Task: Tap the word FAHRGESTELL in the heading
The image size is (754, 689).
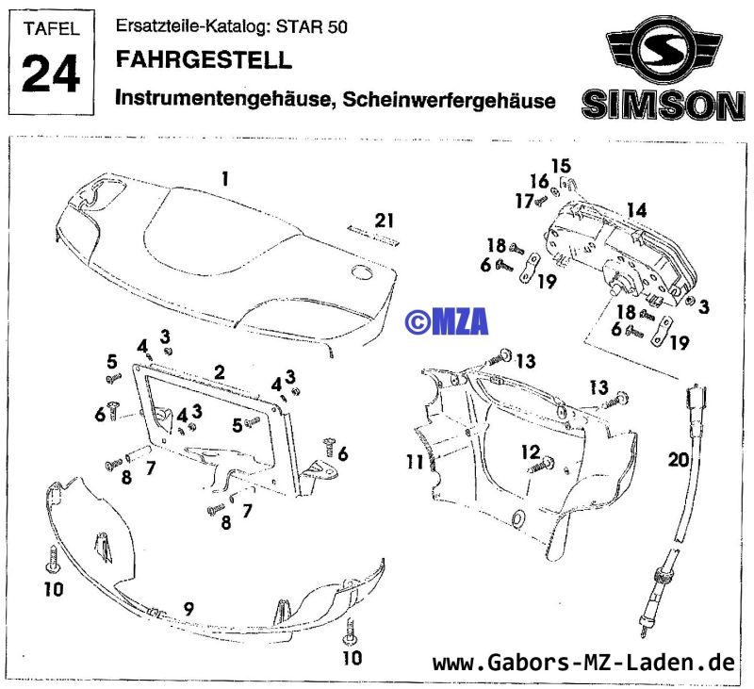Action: click(x=203, y=61)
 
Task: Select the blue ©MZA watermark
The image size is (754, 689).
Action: click(x=446, y=321)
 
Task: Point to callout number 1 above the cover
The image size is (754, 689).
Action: click(x=225, y=177)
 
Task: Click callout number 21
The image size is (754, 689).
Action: click(x=382, y=221)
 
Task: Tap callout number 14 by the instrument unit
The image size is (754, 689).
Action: click(x=637, y=210)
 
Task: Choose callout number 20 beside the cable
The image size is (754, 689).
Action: click(x=679, y=459)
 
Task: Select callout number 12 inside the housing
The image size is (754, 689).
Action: click(x=532, y=452)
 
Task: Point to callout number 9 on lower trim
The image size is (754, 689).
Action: click(x=188, y=609)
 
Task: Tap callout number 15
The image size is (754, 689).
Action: click(x=561, y=167)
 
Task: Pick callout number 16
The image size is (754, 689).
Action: click(x=538, y=181)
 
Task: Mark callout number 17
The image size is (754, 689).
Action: click(x=524, y=200)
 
